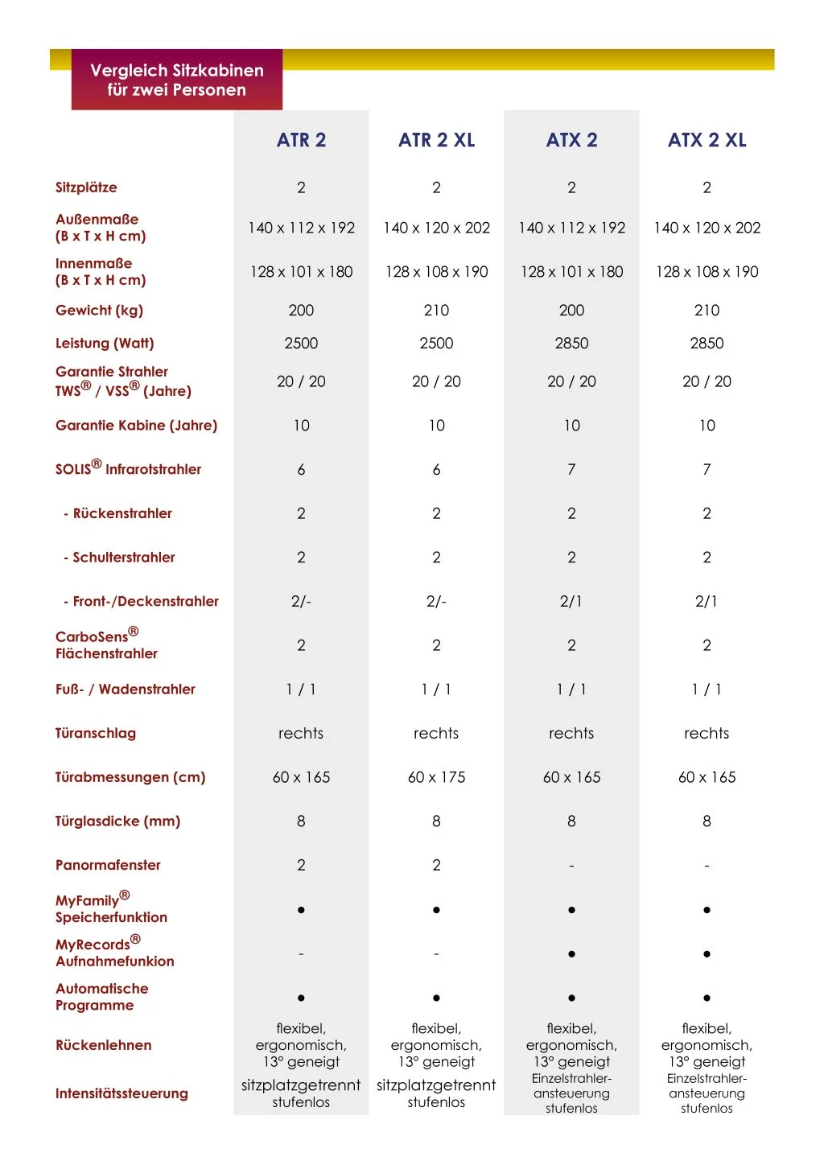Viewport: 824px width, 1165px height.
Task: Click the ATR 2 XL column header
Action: [x=436, y=140]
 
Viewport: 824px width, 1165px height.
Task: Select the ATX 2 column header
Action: [x=571, y=140]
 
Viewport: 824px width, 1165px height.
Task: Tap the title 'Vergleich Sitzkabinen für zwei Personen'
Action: [x=177, y=80]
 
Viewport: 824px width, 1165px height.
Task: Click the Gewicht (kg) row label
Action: [x=99, y=311]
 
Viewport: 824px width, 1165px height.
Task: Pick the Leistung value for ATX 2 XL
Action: [x=707, y=344]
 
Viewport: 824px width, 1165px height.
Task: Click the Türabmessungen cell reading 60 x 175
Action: [x=436, y=777]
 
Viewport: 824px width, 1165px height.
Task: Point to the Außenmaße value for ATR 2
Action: [x=301, y=228]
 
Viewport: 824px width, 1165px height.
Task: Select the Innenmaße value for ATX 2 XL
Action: [x=707, y=272]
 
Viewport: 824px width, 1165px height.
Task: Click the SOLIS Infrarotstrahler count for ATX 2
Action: [x=571, y=469]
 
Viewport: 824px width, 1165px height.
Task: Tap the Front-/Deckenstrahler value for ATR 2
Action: [x=301, y=601]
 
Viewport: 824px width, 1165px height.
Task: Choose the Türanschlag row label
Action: [x=96, y=733]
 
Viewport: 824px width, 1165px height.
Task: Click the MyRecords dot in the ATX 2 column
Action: [x=571, y=954]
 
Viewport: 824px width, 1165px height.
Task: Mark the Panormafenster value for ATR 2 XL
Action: [x=436, y=865]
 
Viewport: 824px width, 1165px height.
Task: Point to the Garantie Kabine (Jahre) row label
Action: [x=136, y=426]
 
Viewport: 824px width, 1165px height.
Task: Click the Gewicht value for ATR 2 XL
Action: [x=436, y=311]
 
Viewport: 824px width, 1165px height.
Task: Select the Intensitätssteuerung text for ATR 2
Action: [x=301, y=1093]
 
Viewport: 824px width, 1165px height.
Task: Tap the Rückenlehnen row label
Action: [x=103, y=1045]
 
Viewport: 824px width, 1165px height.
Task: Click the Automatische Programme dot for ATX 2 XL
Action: [x=707, y=998]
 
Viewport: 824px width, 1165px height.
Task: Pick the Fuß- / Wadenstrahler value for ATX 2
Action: [x=571, y=690]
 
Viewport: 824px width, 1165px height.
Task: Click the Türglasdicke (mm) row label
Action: [x=117, y=821]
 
